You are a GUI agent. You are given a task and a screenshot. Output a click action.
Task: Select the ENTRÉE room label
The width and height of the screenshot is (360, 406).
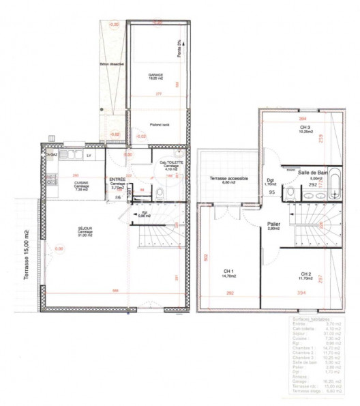pos(117,180)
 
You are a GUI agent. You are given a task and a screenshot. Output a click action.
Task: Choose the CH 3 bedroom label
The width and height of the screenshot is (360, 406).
pos(304,128)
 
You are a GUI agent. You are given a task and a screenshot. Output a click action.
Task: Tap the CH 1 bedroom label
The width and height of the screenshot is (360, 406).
pos(228,272)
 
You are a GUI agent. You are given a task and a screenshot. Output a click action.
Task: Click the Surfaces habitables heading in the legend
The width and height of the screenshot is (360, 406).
pos(312,319)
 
